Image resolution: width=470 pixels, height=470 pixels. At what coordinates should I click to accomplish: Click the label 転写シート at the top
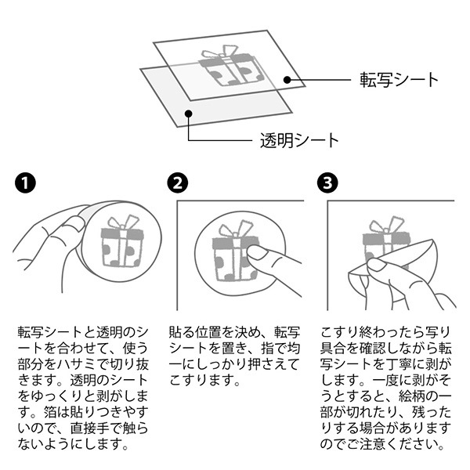pos(399,80)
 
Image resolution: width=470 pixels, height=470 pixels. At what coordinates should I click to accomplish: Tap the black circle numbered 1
pos(25,184)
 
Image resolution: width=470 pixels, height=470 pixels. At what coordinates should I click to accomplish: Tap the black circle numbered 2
pos(178,184)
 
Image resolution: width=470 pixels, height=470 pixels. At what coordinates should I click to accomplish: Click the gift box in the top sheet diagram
pos(230,68)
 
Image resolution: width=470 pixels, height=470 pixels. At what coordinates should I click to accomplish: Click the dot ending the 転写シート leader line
pos(287,79)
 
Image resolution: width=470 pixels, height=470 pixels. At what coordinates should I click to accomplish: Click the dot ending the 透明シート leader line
pos(189,113)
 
